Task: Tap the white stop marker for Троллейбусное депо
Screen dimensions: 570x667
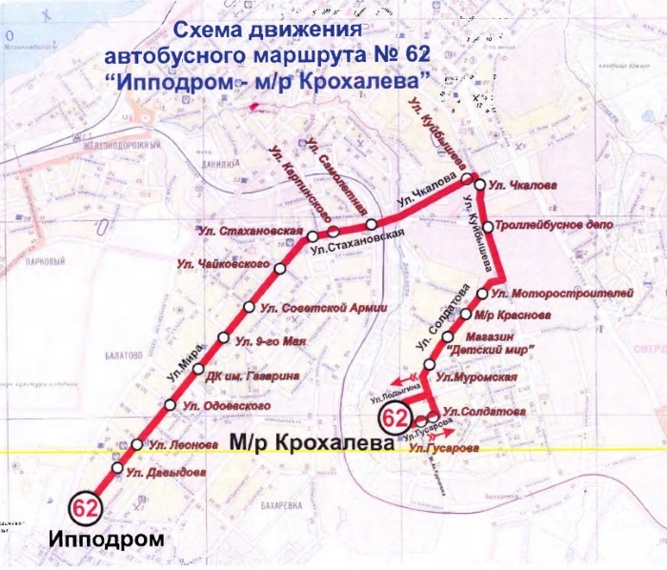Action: pos(488,227)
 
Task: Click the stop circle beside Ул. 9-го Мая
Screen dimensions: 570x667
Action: pos(223,338)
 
